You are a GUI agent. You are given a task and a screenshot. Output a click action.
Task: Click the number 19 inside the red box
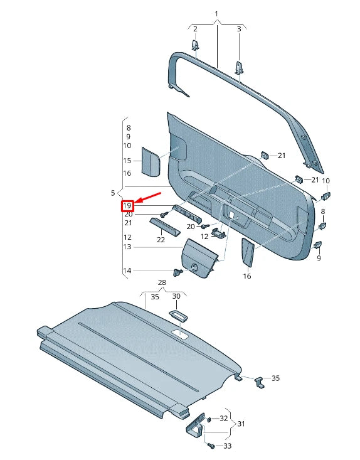pyautogui.click(x=127, y=206)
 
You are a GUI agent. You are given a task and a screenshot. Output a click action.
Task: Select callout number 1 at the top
pyautogui.click(x=216, y=13)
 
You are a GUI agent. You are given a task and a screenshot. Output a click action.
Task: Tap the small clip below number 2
pyautogui.click(x=195, y=46)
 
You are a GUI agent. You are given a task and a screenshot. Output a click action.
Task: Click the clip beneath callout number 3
pyautogui.click(x=239, y=67)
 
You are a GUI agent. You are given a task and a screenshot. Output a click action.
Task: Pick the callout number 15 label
pyautogui.click(x=127, y=161)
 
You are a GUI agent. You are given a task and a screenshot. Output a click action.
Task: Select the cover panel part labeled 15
pyautogui.click(x=151, y=162)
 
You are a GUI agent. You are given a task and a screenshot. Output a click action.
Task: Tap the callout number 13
pyautogui.click(x=127, y=247)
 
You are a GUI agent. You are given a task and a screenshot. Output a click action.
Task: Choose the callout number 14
pyautogui.click(x=127, y=270)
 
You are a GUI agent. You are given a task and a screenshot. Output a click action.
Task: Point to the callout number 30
pyautogui.click(x=176, y=296)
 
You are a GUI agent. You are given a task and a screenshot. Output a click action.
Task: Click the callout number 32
pyautogui.click(x=224, y=418)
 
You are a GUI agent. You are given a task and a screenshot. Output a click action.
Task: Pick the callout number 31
pyautogui.click(x=241, y=424)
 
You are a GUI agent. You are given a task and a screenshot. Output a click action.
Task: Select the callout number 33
pyautogui.click(x=227, y=446)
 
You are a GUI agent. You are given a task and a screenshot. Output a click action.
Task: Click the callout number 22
pyautogui.click(x=161, y=240)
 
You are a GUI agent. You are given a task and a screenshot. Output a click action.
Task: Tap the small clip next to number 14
pyautogui.click(x=178, y=272)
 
